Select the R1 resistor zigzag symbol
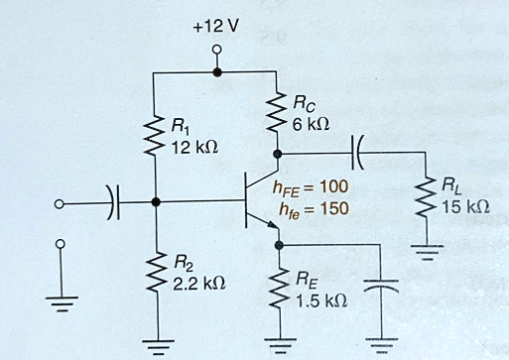pyautogui.click(x=155, y=134)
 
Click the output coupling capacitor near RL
pyautogui.click(x=358, y=154)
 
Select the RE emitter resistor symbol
pyautogui.click(x=278, y=289)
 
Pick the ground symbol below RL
pyautogui.click(x=425, y=252)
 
